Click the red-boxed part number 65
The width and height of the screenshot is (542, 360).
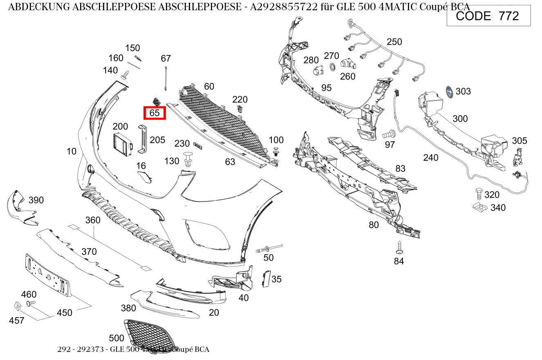(x=155, y=113)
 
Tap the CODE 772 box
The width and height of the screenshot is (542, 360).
(x=488, y=16)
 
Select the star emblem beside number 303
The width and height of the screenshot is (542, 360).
(x=450, y=92)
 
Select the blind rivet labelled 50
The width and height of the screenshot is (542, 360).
(x=269, y=248)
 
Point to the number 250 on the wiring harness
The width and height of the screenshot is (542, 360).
(x=394, y=42)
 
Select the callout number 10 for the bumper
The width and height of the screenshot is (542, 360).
(x=72, y=152)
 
